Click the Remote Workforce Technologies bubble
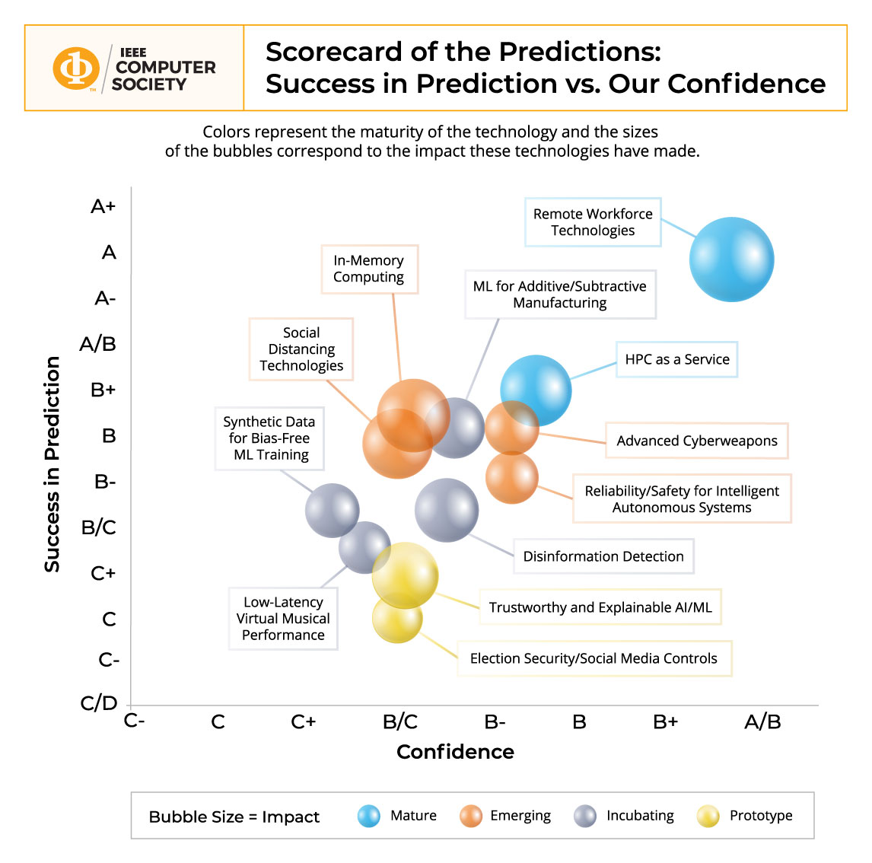pos(731,260)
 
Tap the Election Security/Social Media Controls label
pos(594,658)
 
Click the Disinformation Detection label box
pos(603,556)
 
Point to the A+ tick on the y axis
pos(103,206)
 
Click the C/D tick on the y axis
pos(99,703)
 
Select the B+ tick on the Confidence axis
pos(665,721)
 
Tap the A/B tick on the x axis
pos(762,721)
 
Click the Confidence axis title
pos(455,752)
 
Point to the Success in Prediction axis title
pos(52,464)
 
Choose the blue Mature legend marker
pos(369,816)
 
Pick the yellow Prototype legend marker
pos(708,816)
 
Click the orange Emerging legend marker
pos(471,816)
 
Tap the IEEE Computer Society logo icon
pos(75,68)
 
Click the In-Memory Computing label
pos(369,269)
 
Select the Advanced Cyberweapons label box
pos(696,441)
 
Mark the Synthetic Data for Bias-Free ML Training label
pos(269,438)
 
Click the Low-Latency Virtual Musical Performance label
pos(283,619)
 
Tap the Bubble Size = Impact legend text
pos(234,817)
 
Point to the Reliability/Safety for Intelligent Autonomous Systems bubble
pos(512,479)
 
